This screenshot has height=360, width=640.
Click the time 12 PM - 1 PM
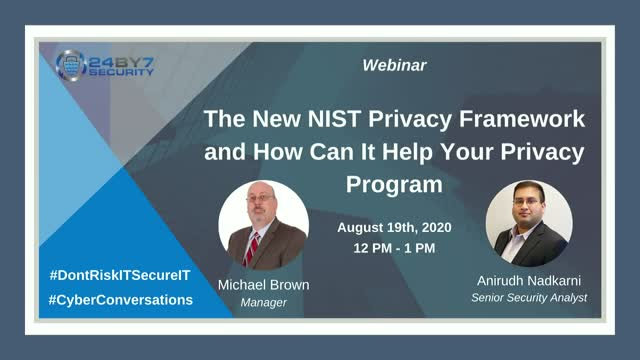(393, 247)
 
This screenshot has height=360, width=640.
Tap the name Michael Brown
(263, 285)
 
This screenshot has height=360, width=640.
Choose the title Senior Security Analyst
(528, 299)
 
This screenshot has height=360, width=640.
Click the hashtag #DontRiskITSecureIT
(120, 273)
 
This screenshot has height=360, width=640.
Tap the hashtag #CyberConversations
(120, 299)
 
